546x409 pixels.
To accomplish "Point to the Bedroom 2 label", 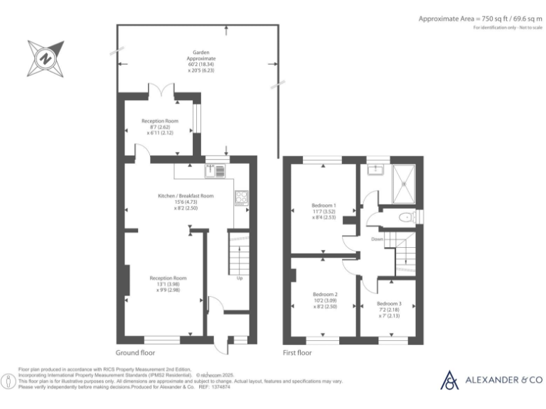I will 325,294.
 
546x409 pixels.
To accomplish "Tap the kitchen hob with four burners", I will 241,198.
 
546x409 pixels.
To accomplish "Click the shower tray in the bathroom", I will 404,182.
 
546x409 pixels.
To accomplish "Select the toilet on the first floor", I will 406,218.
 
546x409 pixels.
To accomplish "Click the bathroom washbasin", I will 373,170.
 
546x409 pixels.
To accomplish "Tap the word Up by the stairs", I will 240,278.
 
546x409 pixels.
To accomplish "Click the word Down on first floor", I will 377,239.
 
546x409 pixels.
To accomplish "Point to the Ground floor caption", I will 135,352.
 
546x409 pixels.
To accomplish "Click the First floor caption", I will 297,352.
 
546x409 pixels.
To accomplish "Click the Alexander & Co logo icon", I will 449,381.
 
